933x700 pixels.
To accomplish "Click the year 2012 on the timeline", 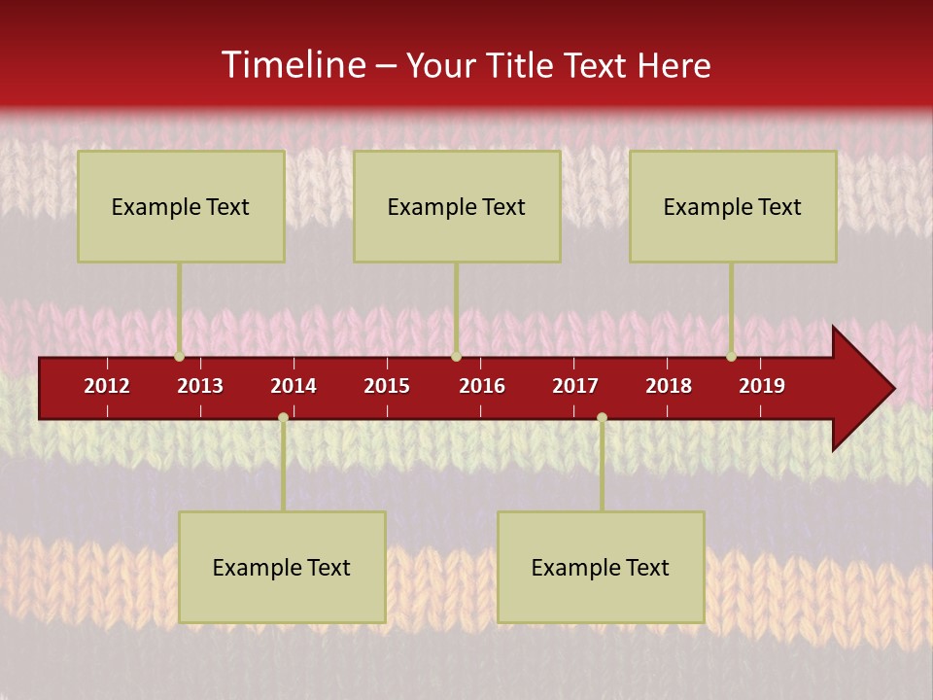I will (107, 386).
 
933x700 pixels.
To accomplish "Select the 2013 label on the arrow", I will (200, 386).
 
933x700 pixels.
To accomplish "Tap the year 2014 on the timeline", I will (294, 386).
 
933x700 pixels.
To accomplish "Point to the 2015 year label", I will (387, 386).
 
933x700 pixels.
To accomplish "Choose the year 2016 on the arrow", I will (482, 386).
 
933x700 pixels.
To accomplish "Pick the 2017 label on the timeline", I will (575, 386).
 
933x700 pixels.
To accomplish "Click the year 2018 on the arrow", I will (669, 386).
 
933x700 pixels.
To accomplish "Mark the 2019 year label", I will (762, 386).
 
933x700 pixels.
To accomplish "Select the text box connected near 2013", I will (181, 206).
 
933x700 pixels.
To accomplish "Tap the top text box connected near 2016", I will (457, 206).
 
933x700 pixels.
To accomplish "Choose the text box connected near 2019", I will (733, 206).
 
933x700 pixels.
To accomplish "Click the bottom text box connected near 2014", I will (282, 567).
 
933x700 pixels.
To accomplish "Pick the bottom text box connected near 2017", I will (601, 567).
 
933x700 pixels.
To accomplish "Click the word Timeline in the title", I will (293, 65).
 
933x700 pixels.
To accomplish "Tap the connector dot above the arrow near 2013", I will (180, 356).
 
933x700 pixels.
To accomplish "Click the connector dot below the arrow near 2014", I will (283, 417).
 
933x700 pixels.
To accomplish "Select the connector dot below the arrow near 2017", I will (602, 417).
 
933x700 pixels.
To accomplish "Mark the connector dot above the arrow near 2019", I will (731, 356).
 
